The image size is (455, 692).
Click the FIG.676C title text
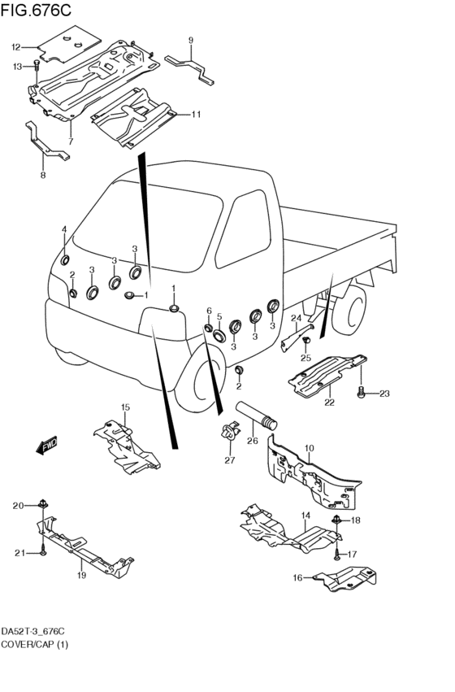coord(36,10)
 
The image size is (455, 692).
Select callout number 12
coord(16,47)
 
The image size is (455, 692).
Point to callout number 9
coord(191,41)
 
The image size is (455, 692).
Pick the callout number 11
coord(196,115)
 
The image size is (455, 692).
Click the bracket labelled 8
coord(46,141)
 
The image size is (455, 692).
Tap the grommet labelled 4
coord(65,260)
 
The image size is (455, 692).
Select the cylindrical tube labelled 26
coord(257,416)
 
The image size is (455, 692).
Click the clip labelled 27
coord(230,431)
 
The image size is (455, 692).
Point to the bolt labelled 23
coord(361,392)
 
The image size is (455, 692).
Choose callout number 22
coord(329,403)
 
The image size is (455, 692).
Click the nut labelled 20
coord(43,503)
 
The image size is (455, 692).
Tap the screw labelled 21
coord(43,551)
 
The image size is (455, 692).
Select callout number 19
coord(81,575)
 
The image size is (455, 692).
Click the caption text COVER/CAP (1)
coord(35,645)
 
